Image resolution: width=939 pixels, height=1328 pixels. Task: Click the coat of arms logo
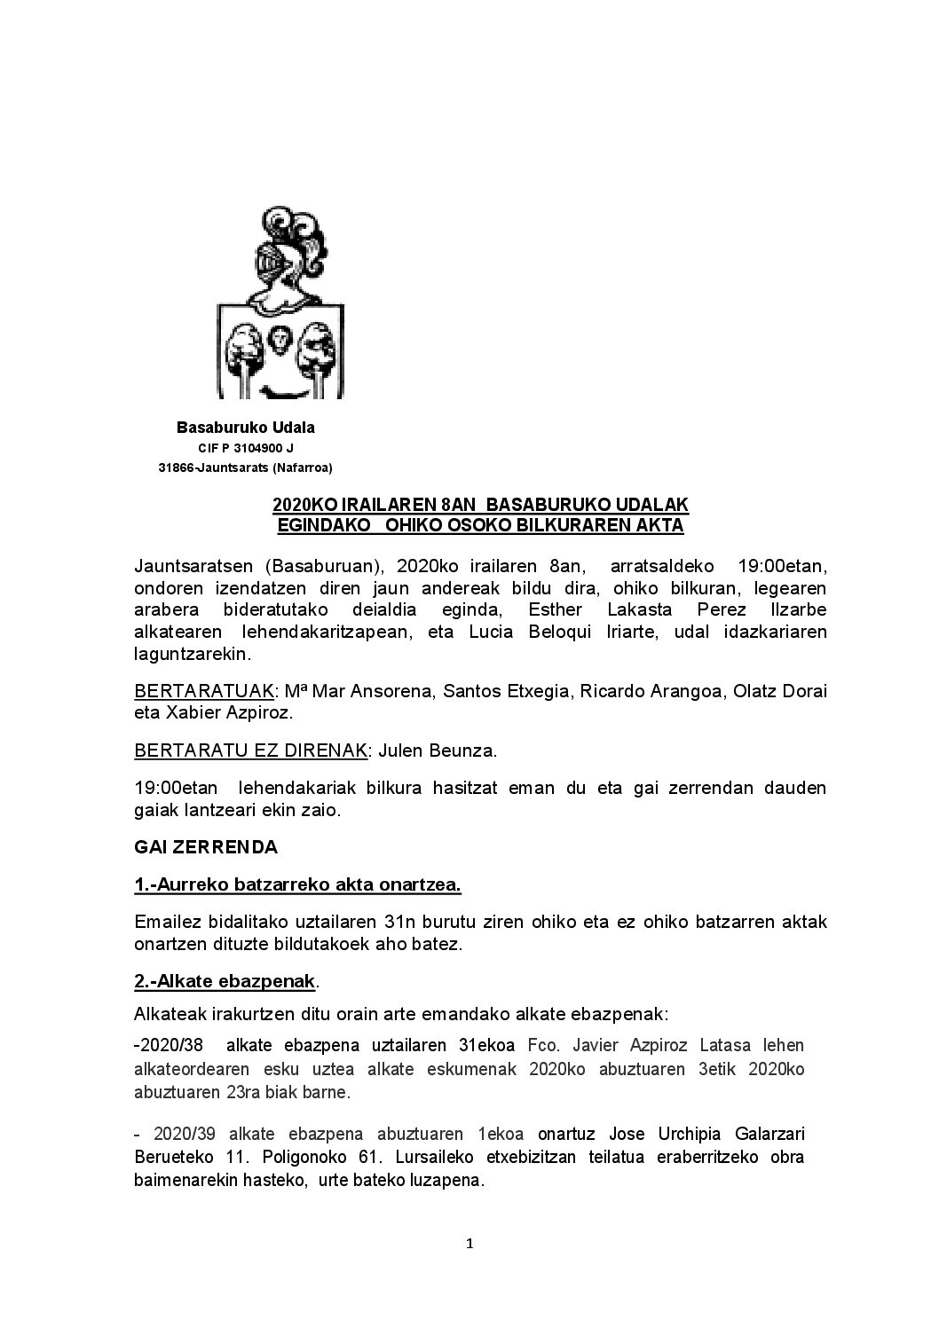tap(280, 303)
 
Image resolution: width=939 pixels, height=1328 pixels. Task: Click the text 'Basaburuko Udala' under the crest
tap(246, 428)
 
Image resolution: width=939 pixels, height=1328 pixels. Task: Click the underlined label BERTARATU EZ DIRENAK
tap(250, 750)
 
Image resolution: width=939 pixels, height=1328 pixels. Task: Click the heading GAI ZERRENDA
tap(206, 847)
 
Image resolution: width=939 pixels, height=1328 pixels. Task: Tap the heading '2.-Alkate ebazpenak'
tap(225, 982)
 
